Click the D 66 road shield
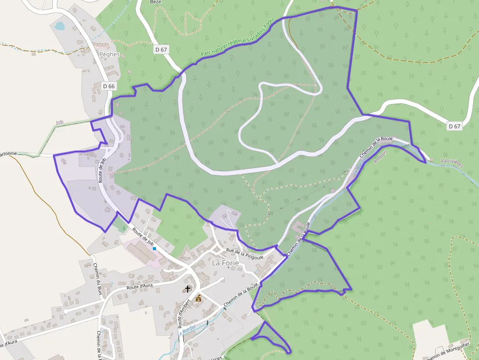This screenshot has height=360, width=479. [x=109, y=86]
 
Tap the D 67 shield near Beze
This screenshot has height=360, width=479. [x=161, y=49]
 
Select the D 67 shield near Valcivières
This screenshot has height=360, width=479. [x=455, y=126]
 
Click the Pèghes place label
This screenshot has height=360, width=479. [x=109, y=54]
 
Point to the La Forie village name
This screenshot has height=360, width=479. [x=225, y=263]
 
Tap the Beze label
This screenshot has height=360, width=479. [x=155, y=2]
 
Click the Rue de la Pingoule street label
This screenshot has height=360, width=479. [x=244, y=254]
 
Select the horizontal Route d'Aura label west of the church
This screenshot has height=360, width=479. [x=140, y=287]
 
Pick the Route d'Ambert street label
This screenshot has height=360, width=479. [x=184, y=313]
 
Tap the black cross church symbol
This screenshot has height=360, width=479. [x=187, y=289]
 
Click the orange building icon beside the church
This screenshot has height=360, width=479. [x=198, y=297]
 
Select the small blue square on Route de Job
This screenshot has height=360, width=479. [x=154, y=249]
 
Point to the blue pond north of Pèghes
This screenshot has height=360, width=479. [x=59, y=25]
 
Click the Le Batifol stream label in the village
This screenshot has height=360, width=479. [x=187, y=331]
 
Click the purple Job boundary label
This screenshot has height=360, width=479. [x=60, y=122]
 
